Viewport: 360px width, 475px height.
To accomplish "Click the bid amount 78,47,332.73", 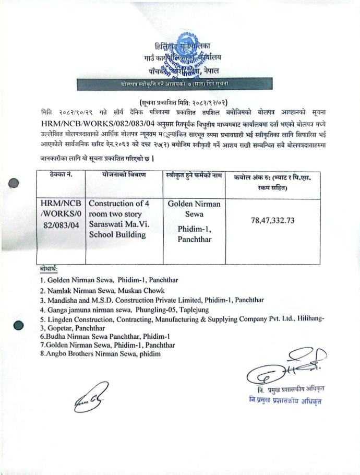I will coord(272,220).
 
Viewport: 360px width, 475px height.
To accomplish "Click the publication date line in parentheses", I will coord(179,102).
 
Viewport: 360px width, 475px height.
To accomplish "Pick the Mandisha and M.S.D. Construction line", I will coord(152,300).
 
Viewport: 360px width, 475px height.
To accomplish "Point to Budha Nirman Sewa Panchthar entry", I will coord(105,337).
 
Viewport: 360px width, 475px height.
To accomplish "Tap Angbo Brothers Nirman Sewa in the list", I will coord(101,353).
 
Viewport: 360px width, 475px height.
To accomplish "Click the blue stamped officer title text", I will coord(285,400).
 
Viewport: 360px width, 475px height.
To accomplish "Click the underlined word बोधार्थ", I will coord(49,268).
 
